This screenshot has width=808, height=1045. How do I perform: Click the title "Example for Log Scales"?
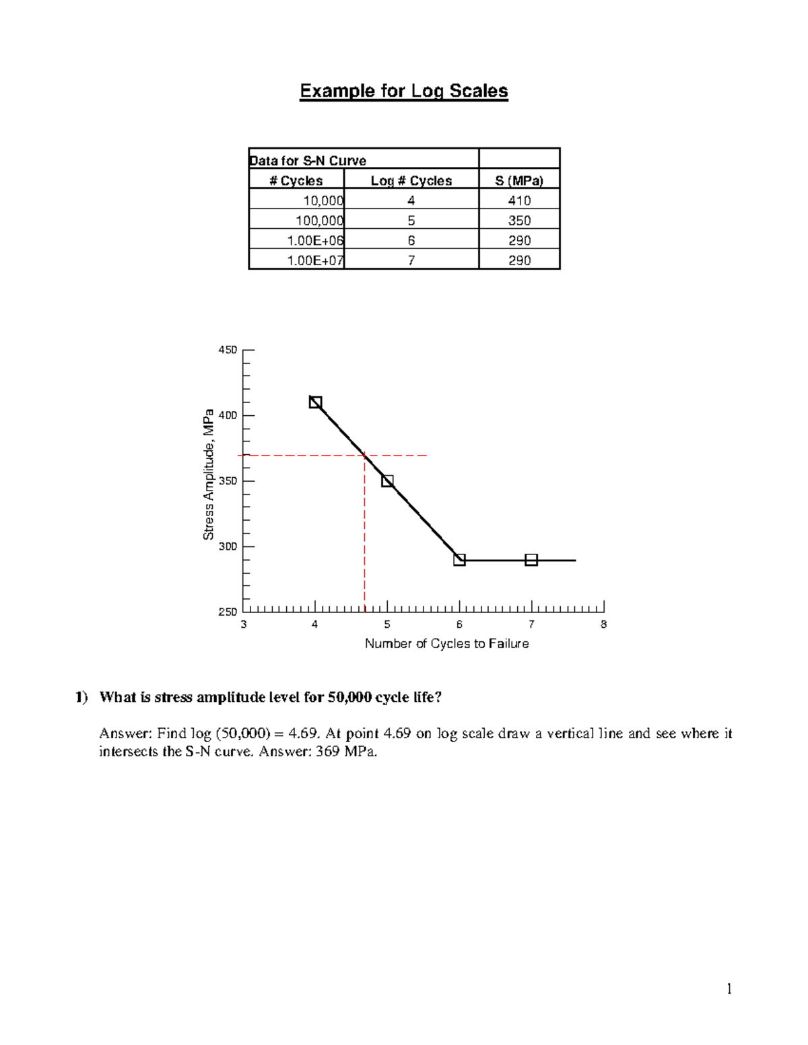(x=403, y=91)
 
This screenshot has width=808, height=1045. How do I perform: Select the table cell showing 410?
(x=519, y=201)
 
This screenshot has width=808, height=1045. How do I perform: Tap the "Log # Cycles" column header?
(x=411, y=180)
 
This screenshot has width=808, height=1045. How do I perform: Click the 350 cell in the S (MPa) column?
(x=519, y=221)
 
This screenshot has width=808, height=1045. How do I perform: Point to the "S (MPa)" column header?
(x=519, y=180)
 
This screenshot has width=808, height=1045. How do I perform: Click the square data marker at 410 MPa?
(x=315, y=402)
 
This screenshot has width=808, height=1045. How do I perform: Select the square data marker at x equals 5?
(x=387, y=481)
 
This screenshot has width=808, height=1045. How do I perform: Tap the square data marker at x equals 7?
(x=531, y=560)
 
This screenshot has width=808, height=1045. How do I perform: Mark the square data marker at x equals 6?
(x=459, y=560)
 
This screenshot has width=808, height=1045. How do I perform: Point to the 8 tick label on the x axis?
(x=604, y=624)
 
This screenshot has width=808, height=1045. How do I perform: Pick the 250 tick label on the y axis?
(x=227, y=612)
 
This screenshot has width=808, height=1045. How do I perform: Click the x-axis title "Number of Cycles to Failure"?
(x=446, y=644)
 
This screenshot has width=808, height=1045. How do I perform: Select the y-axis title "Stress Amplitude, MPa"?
(x=209, y=474)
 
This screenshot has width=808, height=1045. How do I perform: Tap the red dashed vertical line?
(x=364, y=538)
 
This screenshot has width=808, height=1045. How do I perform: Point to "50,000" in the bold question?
(x=349, y=697)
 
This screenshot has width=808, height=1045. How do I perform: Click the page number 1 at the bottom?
(x=729, y=988)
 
